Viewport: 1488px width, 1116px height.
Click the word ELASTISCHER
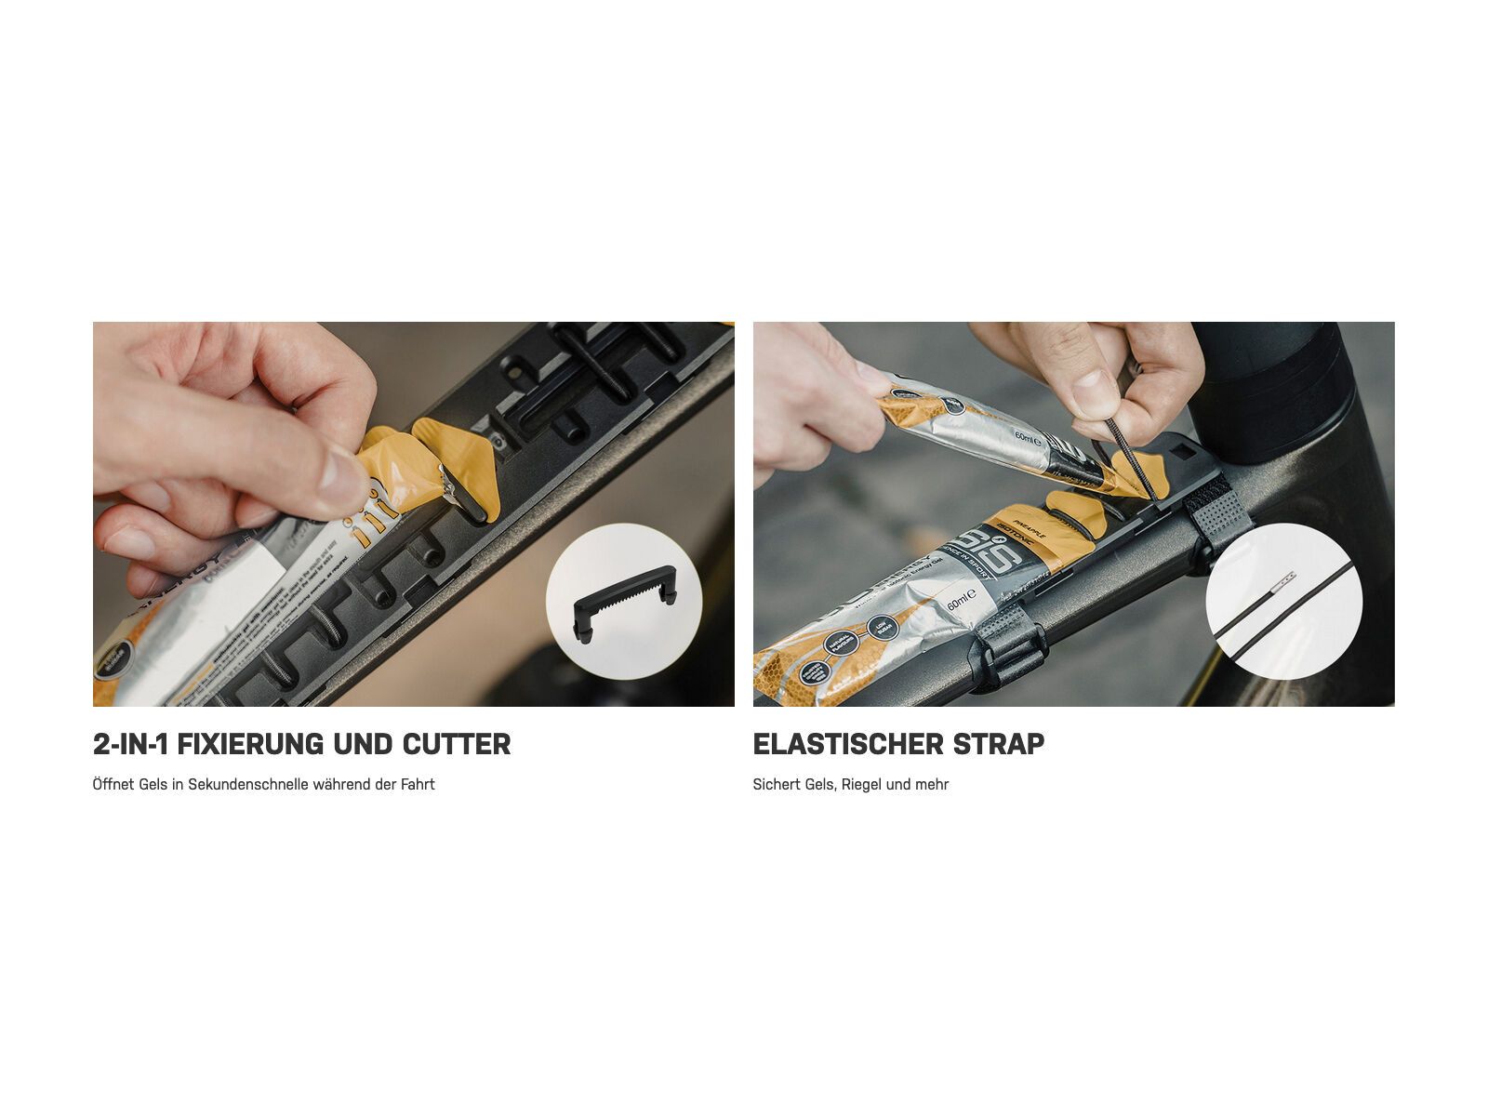tap(845, 744)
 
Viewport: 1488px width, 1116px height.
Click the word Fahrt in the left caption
tap(418, 784)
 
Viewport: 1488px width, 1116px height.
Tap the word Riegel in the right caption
tap(861, 784)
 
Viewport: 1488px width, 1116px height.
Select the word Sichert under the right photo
tap(775, 784)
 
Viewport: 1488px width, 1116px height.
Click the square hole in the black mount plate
tap(1183, 450)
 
